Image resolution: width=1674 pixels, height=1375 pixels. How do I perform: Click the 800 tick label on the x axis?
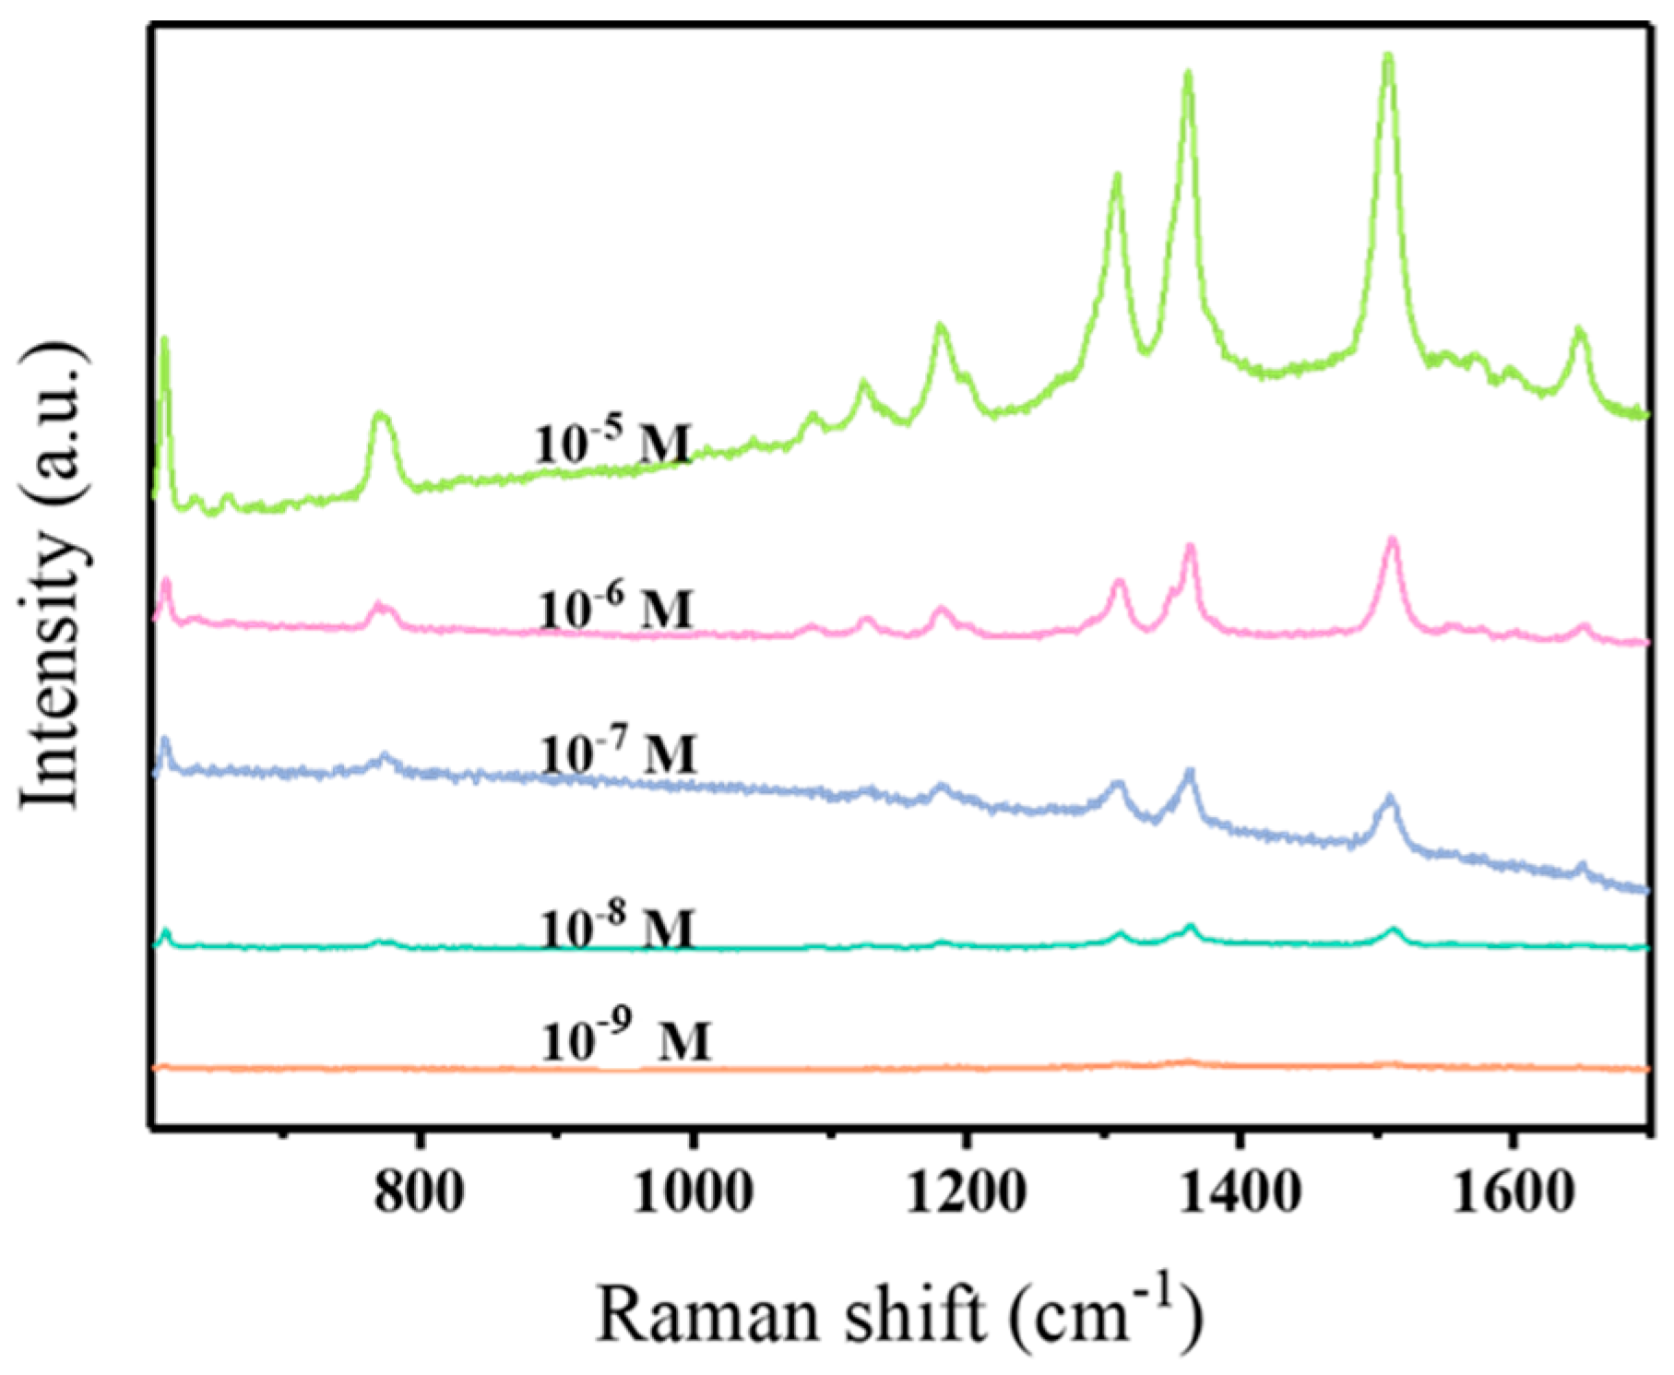click(x=419, y=1193)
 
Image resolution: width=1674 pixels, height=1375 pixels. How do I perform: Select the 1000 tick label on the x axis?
click(x=693, y=1193)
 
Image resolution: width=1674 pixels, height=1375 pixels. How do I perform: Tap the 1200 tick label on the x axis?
click(x=966, y=1193)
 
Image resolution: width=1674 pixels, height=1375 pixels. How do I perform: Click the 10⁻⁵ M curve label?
click(x=612, y=444)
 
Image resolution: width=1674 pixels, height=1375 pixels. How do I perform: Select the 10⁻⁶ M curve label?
click(x=615, y=609)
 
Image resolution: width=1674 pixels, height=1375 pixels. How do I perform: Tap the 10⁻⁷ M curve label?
click(x=618, y=753)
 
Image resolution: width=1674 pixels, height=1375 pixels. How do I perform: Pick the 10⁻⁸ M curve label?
click(x=617, y=928)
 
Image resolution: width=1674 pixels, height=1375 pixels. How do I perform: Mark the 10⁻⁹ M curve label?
click(x=626, y=1041)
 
